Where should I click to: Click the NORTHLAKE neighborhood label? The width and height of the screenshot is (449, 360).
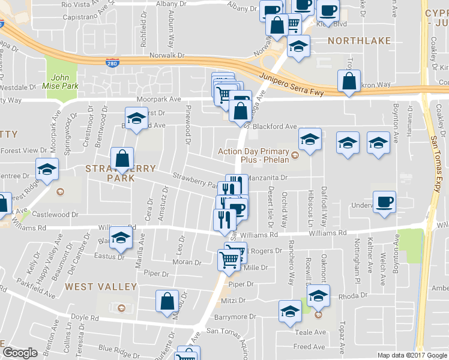[359, 41]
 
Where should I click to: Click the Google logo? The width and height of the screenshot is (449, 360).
[19, 353]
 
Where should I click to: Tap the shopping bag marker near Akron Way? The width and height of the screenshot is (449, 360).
[349, 82]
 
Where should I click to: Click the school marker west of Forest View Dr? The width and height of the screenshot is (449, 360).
[47, 169]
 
